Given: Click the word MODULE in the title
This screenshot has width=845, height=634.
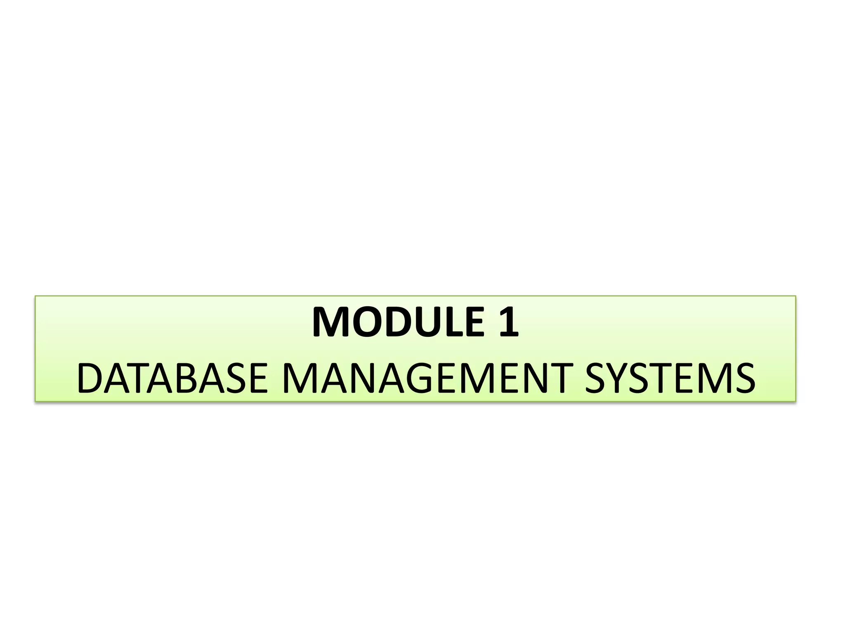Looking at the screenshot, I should pos(398,322).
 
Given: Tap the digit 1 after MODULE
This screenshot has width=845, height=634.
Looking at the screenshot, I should pos(508,322).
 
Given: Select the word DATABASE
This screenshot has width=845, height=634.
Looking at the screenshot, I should pos(172,378).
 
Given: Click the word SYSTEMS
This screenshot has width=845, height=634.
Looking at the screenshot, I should pos(670,378).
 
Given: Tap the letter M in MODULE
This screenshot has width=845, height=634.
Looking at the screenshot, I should pos(333,322).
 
